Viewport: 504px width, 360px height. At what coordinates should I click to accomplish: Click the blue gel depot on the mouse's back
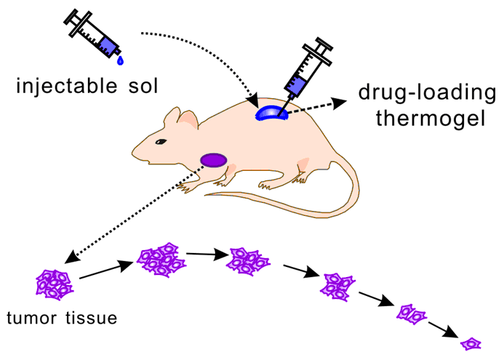pos(271,113)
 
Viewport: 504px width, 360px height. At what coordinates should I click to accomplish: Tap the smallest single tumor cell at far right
pos(472,343)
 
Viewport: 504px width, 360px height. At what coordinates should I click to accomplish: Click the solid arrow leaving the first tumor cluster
pos(103,271)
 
